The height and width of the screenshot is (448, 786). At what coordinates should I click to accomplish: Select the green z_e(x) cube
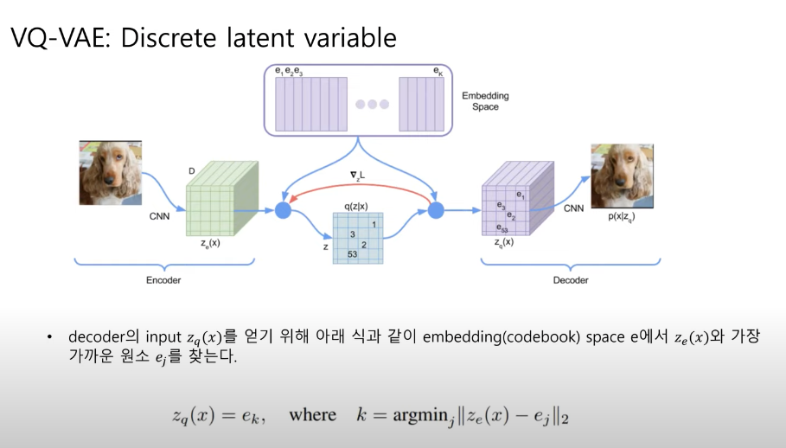(215, 201)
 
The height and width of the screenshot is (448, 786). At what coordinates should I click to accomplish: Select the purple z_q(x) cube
(513, 201)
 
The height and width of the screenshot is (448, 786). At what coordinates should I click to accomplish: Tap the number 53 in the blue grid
(352, 254)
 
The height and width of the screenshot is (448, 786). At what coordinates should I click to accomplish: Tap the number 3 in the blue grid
(352, 234)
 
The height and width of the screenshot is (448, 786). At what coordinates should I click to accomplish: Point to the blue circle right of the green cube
(282, 209)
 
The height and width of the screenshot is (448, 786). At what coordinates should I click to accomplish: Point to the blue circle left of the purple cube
(435, 209)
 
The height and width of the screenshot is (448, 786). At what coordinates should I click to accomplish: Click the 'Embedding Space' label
(485, 101)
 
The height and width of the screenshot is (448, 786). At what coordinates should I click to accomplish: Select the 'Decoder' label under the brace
(571, 280)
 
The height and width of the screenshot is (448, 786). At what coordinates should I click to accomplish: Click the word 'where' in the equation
(312, 415)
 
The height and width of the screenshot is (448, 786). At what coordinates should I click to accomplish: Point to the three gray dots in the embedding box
(373, 104)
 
